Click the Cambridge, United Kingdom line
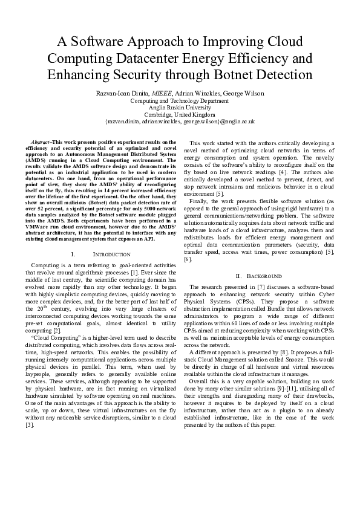click(180, 114)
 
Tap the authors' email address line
click(180, 121)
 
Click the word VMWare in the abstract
click(40, 226)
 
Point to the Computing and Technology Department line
click(180, 101)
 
